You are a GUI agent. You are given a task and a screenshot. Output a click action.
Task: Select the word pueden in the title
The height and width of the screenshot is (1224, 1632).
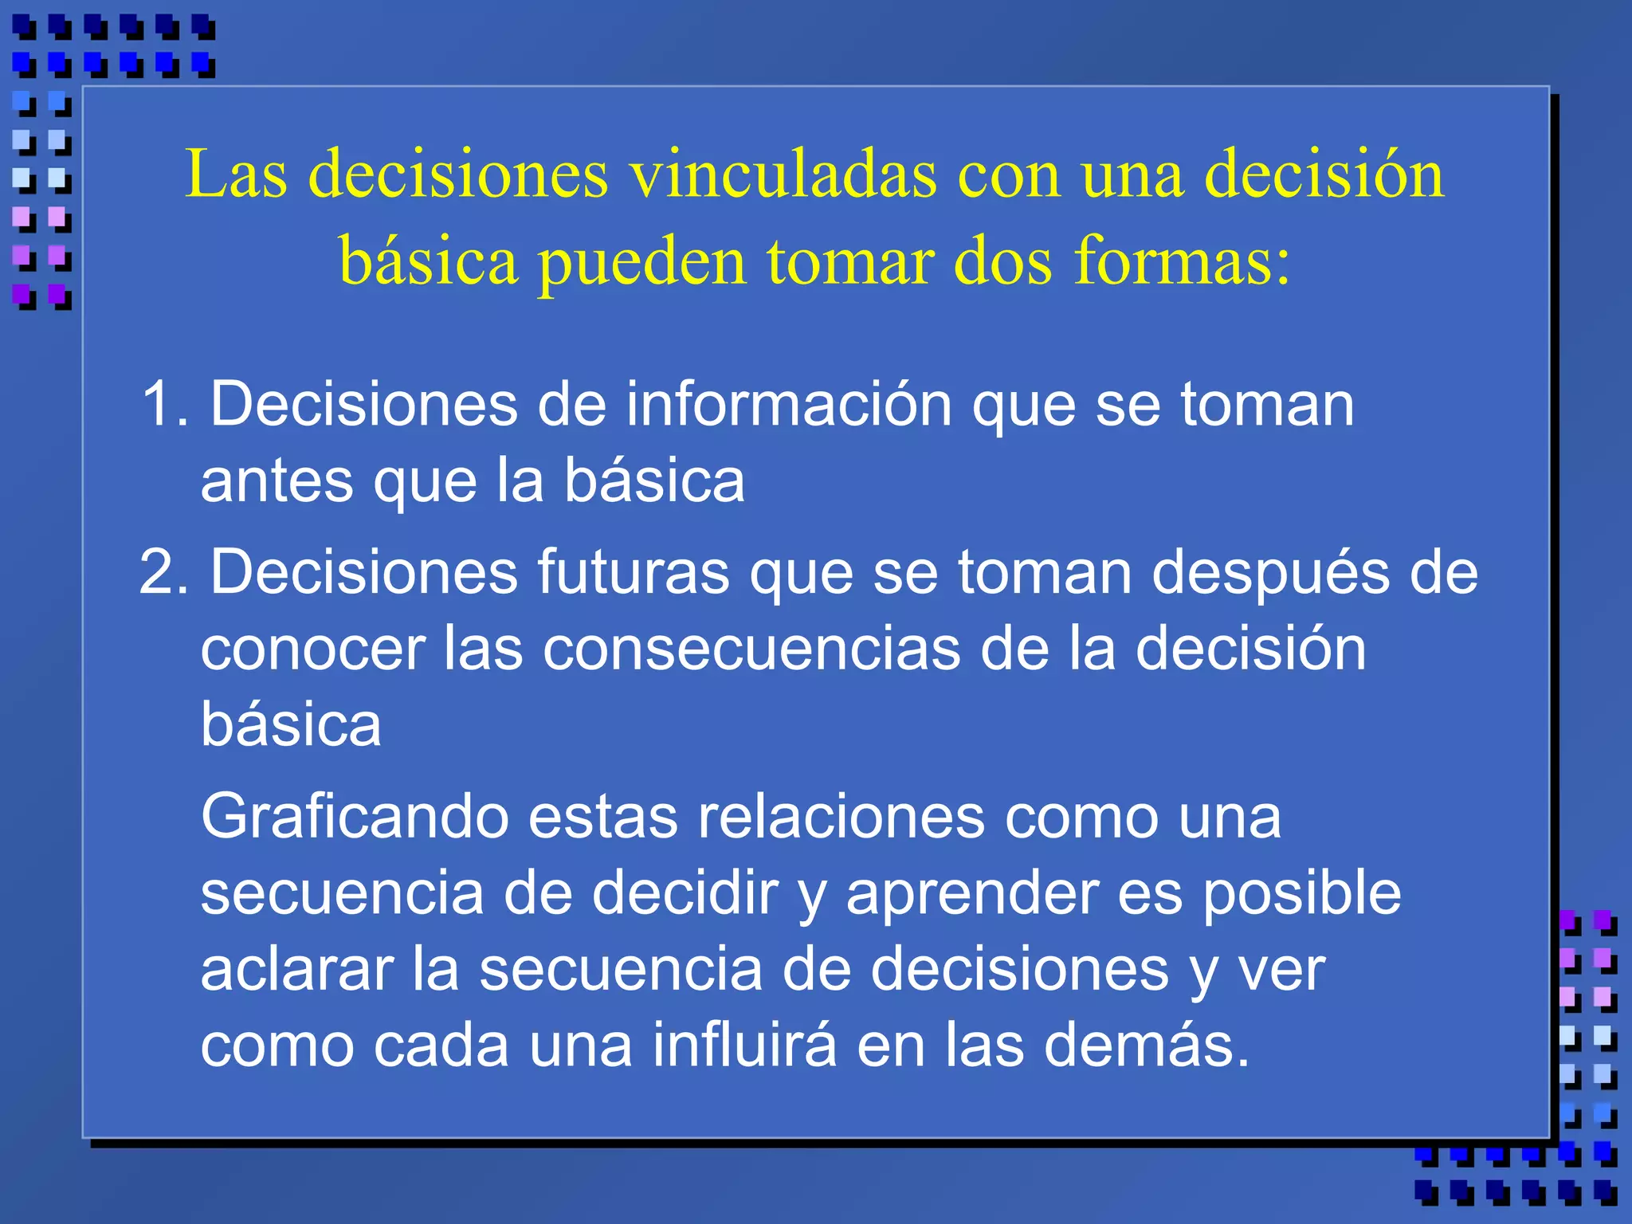(x=641, y=263)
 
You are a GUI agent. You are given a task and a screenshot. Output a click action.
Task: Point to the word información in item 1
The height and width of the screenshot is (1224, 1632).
(x=788, y=405)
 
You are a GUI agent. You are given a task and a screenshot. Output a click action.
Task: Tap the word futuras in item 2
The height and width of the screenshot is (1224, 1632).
(x=633, y=572)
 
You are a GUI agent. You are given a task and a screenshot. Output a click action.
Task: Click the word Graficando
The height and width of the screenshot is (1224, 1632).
(x=355, y=818)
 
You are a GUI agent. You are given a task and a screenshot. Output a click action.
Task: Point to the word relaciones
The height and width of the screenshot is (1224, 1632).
(x=841, y=818)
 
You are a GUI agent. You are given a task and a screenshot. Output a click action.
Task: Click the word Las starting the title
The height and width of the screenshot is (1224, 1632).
(x=236, y=175)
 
